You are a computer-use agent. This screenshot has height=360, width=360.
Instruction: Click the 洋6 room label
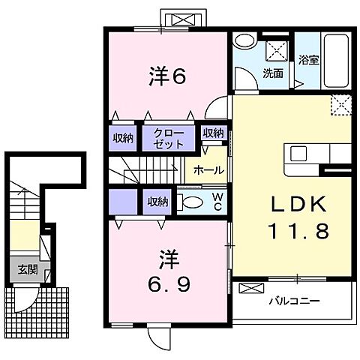pos(167,76)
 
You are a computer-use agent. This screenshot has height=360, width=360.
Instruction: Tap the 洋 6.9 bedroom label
pos(169,271)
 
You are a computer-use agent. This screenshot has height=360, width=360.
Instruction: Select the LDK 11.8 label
pos(298,217)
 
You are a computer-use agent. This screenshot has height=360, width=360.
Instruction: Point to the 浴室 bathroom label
pos(309,60)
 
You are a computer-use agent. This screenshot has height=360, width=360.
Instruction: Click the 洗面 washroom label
pos(273,73)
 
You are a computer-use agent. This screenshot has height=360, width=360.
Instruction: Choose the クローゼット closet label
pos(168,138)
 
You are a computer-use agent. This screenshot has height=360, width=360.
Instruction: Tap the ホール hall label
pos(208,170)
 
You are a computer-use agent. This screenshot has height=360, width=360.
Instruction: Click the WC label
pos(217,202)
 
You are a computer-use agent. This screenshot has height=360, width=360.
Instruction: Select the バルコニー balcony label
pos(294,301)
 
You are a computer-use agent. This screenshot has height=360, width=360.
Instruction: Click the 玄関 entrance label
pos(28,270)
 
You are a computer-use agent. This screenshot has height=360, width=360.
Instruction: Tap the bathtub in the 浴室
pos(336,61)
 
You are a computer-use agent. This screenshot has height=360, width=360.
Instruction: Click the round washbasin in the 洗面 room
pos(245,41)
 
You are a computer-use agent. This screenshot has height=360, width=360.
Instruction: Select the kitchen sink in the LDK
pos(298,154)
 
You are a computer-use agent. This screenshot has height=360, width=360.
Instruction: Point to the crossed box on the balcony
pos(251,288)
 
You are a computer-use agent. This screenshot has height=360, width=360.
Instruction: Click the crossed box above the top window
pos(184,19)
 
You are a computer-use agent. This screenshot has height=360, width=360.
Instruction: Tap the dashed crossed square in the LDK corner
pos(341,105)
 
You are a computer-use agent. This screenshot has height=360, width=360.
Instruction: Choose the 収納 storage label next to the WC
pos(157,202)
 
